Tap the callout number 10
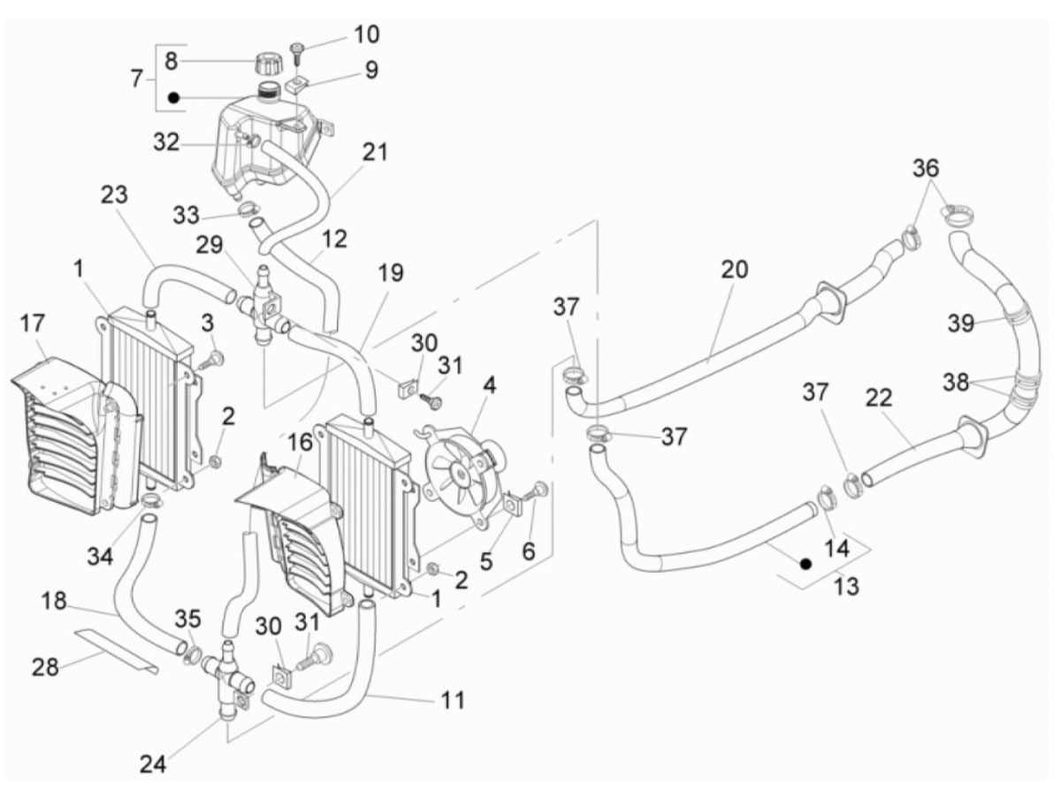[x=366, y=34]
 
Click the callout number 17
[x=33, y=323]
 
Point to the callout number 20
[x=734, y=270]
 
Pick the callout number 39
[x=960, y=323]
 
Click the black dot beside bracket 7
[x=173, y=98]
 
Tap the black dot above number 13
[x=805, y=564]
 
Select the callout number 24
[x=153, y=765]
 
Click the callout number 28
[x=45, y=667]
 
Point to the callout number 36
[x=926, y=168]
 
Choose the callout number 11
[x=453, y=700]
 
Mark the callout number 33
[x=186, y=215]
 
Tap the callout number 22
[x=878, y=398]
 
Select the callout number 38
[x=956, y=383]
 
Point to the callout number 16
[x=300, y=443]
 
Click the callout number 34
[x=100, y=557]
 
